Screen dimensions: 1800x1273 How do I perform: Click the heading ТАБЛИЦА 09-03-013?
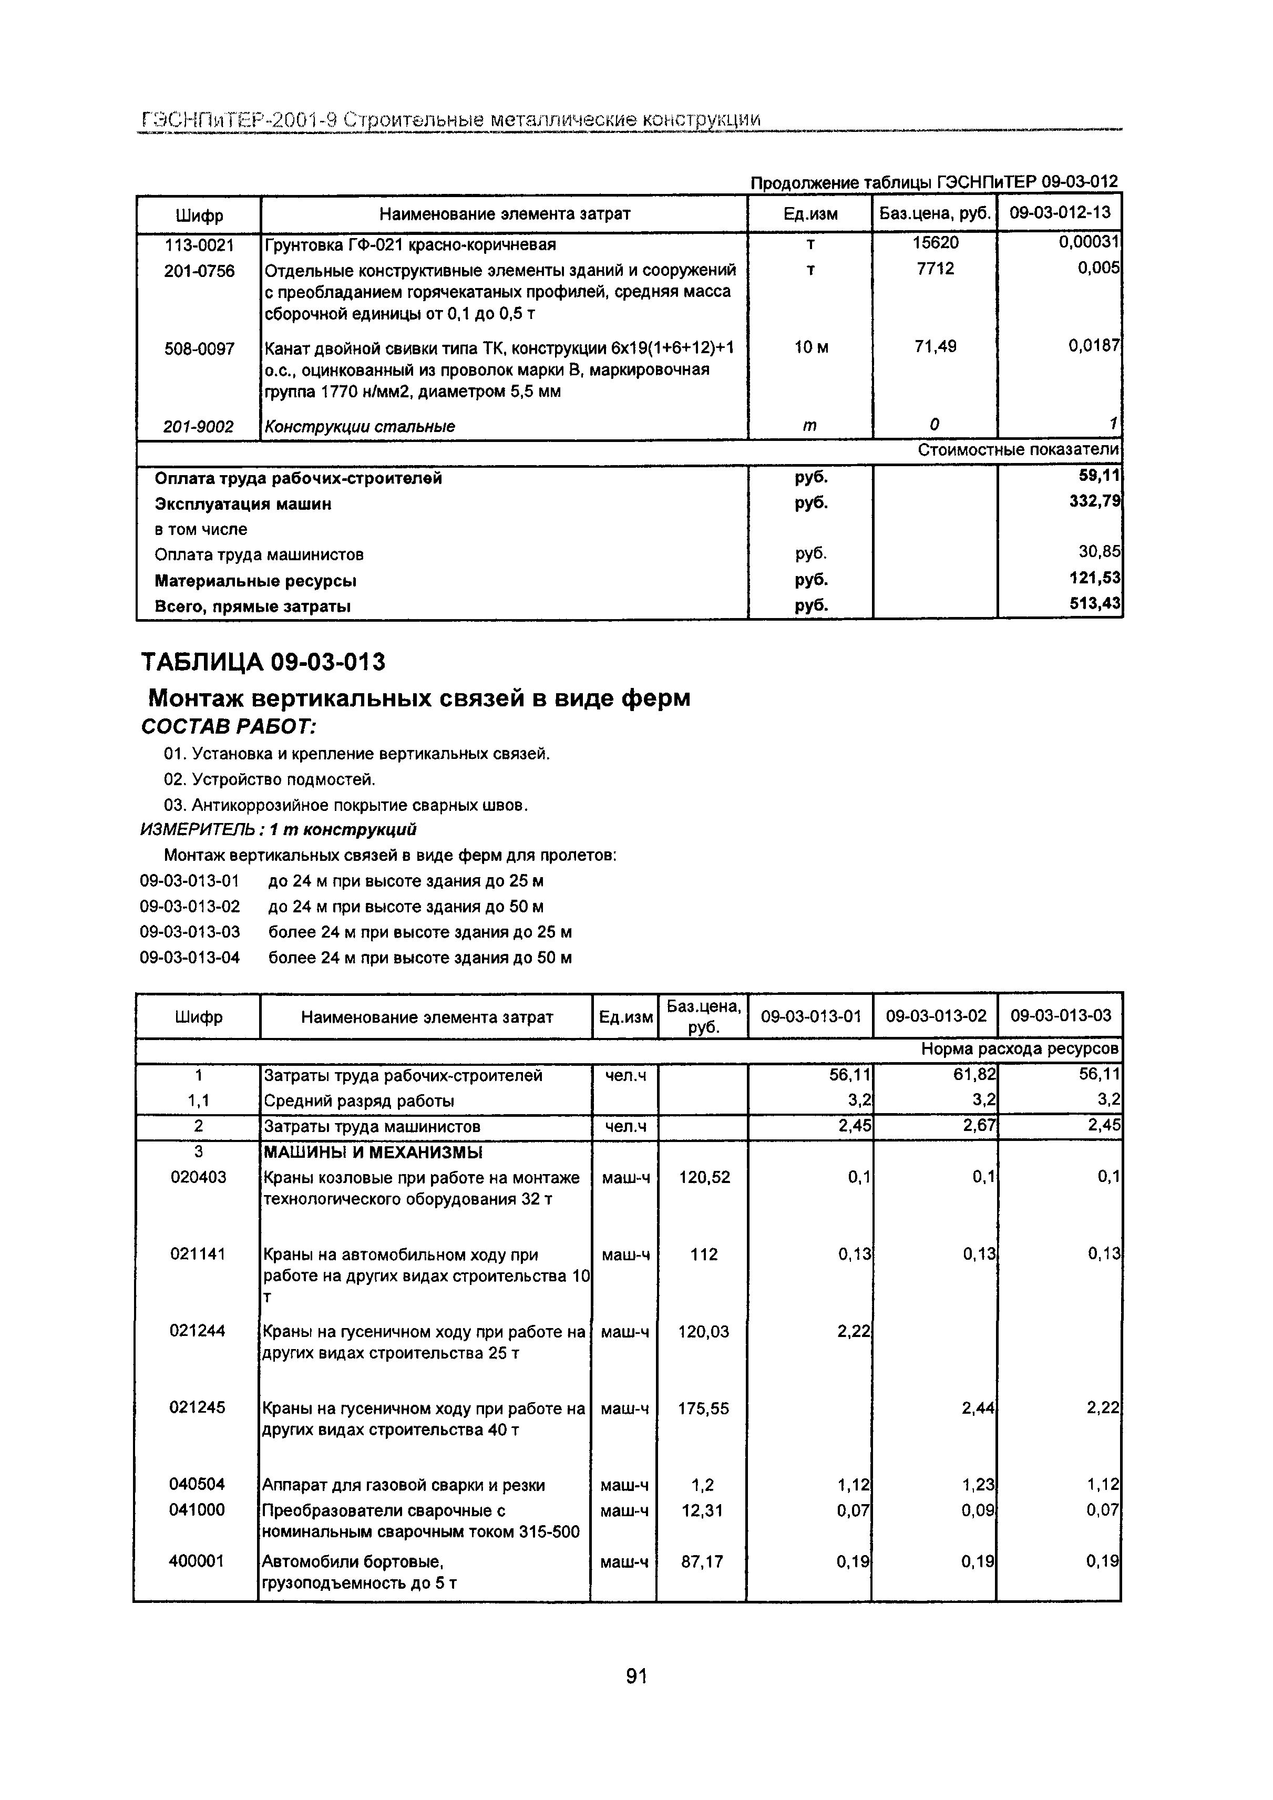263,663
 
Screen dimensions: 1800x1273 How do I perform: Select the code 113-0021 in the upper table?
199,245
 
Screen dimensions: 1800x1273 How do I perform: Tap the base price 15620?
935,244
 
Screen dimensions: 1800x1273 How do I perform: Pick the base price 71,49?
935,346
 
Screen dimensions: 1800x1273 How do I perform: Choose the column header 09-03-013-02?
936,1016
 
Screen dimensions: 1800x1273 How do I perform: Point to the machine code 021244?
198,1330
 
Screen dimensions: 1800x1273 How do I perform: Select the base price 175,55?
703,1408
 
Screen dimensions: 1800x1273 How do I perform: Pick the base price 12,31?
703,1510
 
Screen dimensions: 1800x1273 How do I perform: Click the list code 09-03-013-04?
190,957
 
